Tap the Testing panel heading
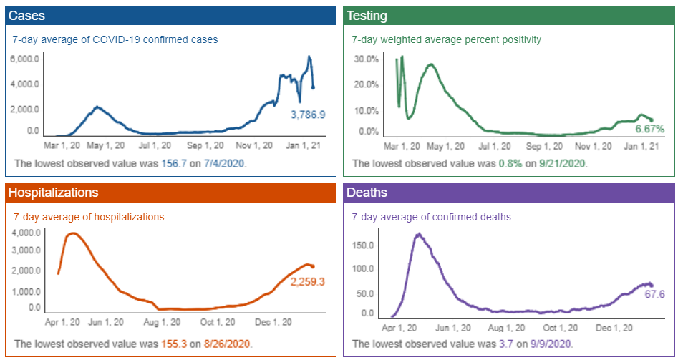point(367,15)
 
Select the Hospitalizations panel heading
point(54,193)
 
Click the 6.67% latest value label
point(649,128)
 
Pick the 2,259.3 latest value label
point(308,282)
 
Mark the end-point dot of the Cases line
point(313,88)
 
